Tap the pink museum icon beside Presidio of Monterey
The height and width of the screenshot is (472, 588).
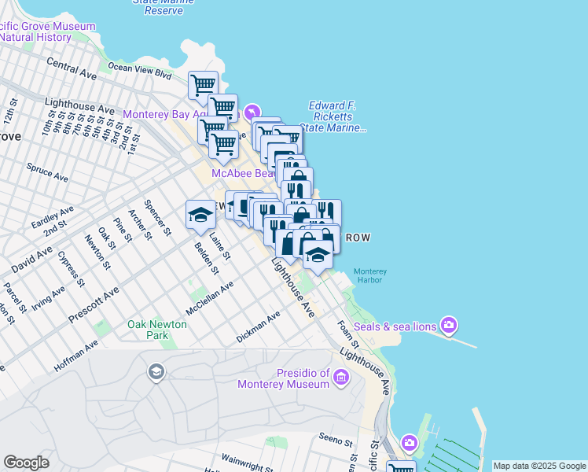(x=340, y=378)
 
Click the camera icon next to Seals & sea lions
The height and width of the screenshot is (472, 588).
(x=448, y=325)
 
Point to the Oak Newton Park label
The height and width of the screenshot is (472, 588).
(x=157, y=330)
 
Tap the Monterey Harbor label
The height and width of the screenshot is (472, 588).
(x=370, y=277)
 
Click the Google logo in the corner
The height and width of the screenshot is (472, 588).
(x=26, y=463)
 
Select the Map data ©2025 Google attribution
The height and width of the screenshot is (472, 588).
(x=539, y=466)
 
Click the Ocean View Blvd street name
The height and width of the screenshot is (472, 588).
(x=139, y=71)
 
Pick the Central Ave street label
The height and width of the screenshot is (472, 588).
(x=71, y=68)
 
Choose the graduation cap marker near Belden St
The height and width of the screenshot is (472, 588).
(x=200, y=214)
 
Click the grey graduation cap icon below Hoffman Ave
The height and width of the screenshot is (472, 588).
(x=156, y=371)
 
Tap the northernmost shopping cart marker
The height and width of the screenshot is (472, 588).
(x=204, y=84)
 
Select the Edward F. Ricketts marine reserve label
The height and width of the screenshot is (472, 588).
(x=335, y=116)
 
